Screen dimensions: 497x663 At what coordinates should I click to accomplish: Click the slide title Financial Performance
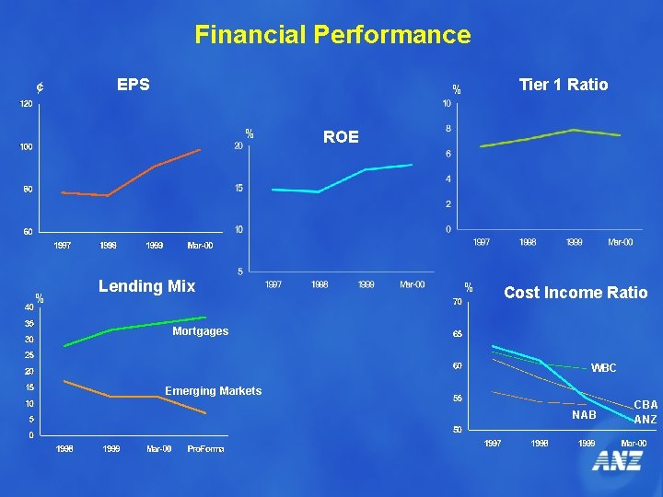pyautogui.click(x=332, y=35)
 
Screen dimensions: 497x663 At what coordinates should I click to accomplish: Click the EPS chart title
pyautogui.click(x=134, y=85)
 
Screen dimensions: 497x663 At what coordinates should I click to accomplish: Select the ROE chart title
pyautogui.click(x=341, y=137)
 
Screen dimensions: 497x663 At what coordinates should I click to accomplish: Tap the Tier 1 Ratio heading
pyautogui.click(x=564, y=85)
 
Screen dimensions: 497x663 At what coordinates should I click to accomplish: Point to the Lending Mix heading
pyautogui.click(x=147, y=286)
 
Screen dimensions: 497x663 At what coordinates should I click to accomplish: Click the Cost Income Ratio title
pyautogui.click(x=576, y=293)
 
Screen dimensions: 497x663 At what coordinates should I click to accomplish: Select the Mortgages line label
pyautogui.click(x=200, y=331)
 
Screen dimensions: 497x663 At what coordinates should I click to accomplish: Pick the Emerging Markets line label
pyautogui.click(x=213, y=391)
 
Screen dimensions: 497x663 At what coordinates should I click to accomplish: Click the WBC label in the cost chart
pyautogui.click(x=603, y=368)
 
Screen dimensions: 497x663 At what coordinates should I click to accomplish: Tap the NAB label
pyautogui.click(x=584, y=415)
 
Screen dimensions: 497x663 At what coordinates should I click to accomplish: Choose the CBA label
pyautogui.click(x=646, y=404)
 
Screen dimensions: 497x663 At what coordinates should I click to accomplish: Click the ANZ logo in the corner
pyautogui.click(x=617, y=461)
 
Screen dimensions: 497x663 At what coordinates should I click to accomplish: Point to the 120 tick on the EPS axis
pyautogui.click(x=28, y=104)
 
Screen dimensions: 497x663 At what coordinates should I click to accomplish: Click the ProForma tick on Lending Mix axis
pyautogui.click(x=205, y=449)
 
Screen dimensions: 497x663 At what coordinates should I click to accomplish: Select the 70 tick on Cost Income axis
pyautogui.click(x=457, y=302)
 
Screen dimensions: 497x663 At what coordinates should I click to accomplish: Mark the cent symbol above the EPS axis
pyautogui.click(x=40, y=88)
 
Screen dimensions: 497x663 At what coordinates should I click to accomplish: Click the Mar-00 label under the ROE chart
pyautogui.click(x=413, y=284)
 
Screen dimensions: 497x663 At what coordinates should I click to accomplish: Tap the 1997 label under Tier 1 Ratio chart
pyautogui.click(x=482, y=242)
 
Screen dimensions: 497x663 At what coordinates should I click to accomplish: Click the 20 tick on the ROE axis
pyautogui.click(x=238, y=146)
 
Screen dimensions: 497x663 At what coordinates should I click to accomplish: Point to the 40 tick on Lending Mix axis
pyautogui.click(x=29, y=306)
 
